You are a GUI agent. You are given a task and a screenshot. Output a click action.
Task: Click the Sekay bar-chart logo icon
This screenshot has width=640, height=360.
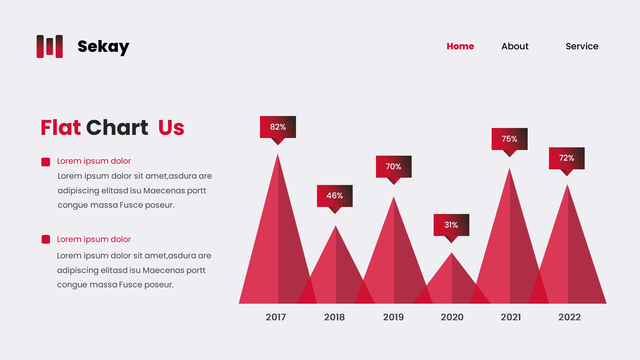pyautogui.click(x=50, y=46)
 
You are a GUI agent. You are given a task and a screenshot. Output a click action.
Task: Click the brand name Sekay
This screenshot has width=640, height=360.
pyautogui.click(x=103, y=47)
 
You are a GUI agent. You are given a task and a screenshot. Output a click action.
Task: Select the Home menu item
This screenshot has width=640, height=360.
pyautogui.click(x=460, y=46)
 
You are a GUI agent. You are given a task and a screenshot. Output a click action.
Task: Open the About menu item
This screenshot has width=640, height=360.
pyautogui.click(x=515, y=46)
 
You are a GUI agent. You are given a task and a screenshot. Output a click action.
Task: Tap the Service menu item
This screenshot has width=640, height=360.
pyautogui.click(x=582, y=46)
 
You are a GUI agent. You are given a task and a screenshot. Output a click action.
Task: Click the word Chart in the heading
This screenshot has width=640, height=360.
pyautogui.click(x=117, y=127)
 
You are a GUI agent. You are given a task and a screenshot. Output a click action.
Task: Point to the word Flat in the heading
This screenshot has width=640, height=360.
pyautogui.click(x=61, y=127)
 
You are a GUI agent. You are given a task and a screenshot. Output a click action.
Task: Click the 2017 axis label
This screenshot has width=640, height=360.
pyautogui.click(x=276, y=317)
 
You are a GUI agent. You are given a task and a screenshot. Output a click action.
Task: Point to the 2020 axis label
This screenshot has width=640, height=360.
pyautogui.click(x=452, y=317)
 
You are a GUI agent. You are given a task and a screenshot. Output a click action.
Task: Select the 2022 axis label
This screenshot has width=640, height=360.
pyautogui.click(x=569, y=317)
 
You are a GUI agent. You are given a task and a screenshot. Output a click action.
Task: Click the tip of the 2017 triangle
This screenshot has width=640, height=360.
pyautogui.click(x=278, y=154)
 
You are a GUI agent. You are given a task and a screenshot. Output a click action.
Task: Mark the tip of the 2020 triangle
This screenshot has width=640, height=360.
pyautogui.click(x=452, y=253)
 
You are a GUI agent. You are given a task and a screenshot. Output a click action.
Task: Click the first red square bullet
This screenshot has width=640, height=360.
pyautogui.click(x=46, y=162)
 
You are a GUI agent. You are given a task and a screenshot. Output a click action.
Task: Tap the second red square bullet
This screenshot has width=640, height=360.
pyautogui.click(x=46, y=239)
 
